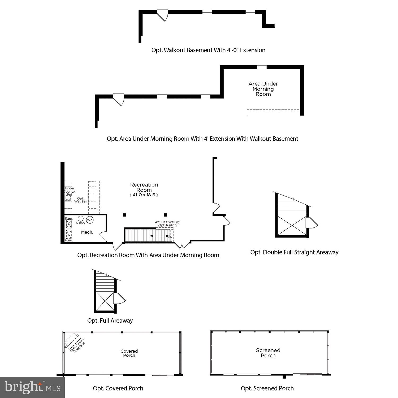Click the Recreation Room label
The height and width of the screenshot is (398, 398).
pos(144,187)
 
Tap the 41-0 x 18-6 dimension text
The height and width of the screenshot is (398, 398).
pos(144,195)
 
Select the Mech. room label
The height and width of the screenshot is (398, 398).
pos(87,232)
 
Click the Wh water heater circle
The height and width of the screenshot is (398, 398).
pos(90,220)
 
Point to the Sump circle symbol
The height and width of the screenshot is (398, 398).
pos(81,219)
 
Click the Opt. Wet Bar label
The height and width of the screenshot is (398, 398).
pos(80,200)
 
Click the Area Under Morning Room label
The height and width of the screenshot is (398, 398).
pos(263,89)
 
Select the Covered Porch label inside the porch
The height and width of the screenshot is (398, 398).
pos(129,353)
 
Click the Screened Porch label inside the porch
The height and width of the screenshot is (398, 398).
pos(268,353)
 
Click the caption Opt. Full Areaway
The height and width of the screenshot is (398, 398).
pos(110,321)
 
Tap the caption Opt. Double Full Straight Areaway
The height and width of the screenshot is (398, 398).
pos(294,252)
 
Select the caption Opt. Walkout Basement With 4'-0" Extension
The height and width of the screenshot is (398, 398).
pos(208,50)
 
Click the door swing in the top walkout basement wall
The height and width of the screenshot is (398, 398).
pos(163,15)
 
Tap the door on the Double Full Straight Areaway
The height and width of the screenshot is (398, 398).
pos(311,223)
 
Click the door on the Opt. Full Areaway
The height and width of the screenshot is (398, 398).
pos(119,299)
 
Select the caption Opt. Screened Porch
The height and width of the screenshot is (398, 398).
pos(267,388)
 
